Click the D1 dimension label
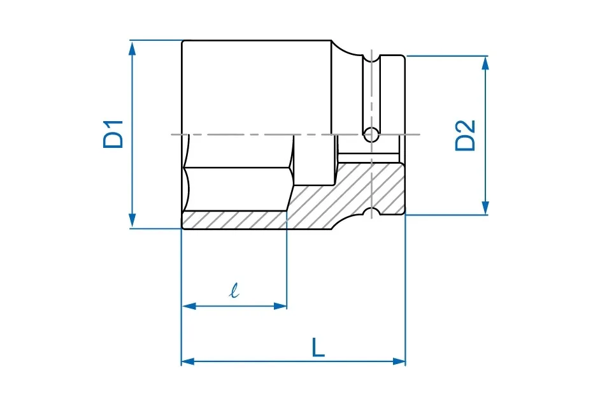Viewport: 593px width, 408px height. (x=113, y=134)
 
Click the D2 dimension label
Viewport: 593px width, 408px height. (x=465, y=136)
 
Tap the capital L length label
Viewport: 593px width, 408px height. (x=318, y=348)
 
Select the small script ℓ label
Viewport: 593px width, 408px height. (x=234, y=290)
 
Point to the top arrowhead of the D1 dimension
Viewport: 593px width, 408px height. (x=132, y=48)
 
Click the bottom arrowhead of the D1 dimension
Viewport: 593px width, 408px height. (x=132, y=221)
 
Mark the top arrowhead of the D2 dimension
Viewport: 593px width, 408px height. (x=485, y=64)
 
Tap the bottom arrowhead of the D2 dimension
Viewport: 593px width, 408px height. (x=485, y=207)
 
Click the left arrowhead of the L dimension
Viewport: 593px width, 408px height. (x=189, y=361)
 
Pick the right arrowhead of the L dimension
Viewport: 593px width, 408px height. (x=399, y=361)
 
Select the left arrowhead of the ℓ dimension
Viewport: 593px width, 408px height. (x=189, y=306)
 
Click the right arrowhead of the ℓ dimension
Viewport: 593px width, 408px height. (x=280, y=306)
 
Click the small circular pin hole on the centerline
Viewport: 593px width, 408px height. (x=371, y=135)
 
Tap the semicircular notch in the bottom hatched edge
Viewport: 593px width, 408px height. (x=372, y=212)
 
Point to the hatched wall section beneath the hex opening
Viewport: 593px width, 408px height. (x=234, y=220)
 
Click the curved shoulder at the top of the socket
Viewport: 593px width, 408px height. (x=345, y=50)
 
